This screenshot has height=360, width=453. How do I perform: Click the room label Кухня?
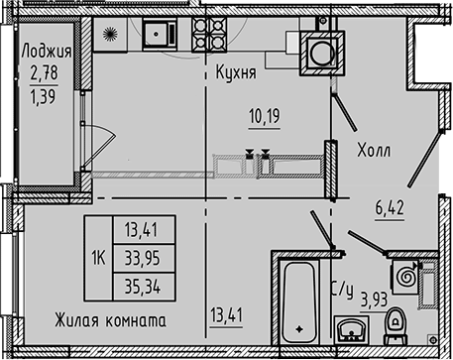pos(237,72)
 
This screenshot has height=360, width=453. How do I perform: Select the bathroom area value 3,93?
pos(375,299)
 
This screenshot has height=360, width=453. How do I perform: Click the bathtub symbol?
pos(298,299)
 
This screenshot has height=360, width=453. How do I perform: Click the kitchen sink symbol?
pos(157,37)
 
